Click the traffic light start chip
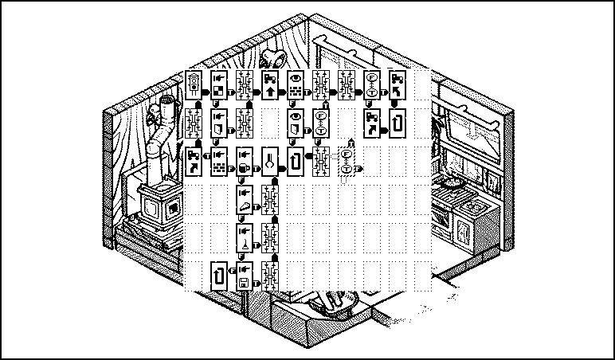coord(194,85)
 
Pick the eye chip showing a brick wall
coord(296,85)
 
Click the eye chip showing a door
coord(296,122)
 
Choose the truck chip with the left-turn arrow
coord(398,85)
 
